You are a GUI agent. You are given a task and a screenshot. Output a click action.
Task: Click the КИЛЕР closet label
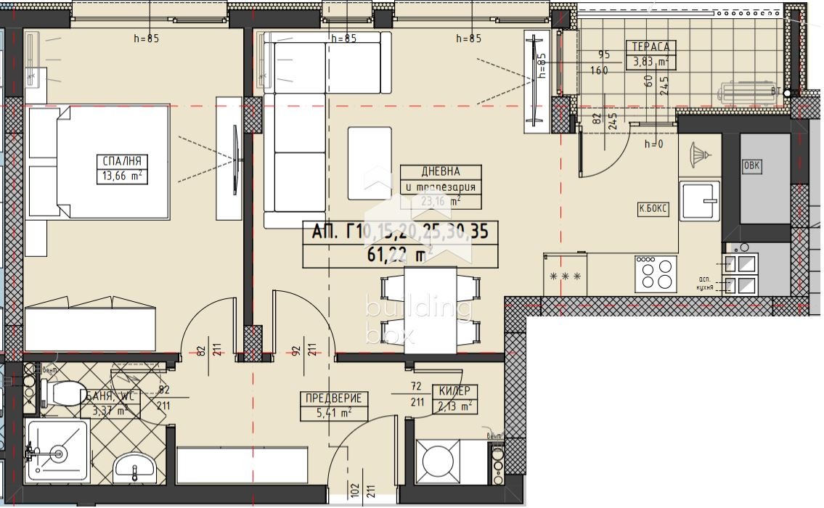pyautogui.click(x=455, y=391)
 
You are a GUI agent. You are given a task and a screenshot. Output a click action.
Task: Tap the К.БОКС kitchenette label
pyautogui.click(x=653, y=209)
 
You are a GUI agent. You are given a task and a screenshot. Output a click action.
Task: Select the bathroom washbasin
pyautogui.click(x=134, y=464)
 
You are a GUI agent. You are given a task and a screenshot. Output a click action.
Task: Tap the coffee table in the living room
pyautogui.click(x=370, y=163)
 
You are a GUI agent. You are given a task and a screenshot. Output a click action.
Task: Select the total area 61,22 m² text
pyautogui.click(x=400, y=254)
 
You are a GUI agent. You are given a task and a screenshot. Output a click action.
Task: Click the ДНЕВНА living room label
pyautogui.click(x=441, y=172)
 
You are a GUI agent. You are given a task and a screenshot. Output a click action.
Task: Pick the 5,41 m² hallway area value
pyautogui.click(x=334, y=413)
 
